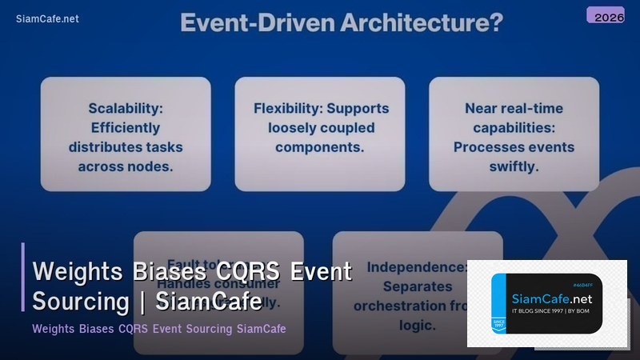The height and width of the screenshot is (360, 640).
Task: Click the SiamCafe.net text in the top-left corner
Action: (x=47, y=19)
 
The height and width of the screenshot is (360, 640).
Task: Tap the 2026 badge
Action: (x=605, y=15)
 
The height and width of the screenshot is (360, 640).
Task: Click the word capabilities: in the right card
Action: (x=514, y=128)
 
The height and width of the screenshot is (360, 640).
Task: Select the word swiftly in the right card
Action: (x=514, y=166)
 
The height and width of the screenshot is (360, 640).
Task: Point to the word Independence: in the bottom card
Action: (x=416, y=266)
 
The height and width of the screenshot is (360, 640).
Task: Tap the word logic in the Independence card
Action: (x=418, y=325)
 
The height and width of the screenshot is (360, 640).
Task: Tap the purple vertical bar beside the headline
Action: (x=23, y=277)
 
